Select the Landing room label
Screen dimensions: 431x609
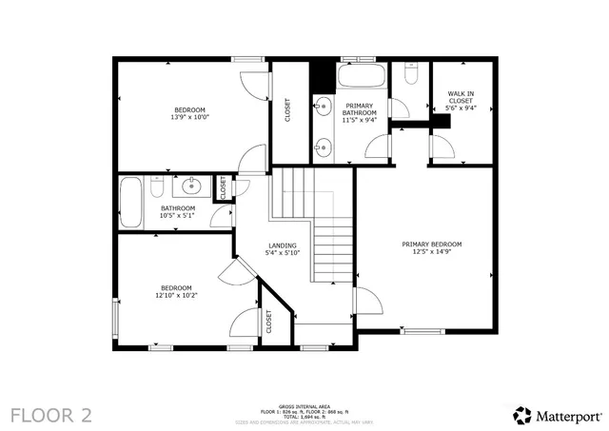tap(283, 245)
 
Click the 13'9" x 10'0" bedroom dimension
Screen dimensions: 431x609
tap(189, 117)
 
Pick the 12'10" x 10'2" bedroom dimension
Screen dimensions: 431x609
tap(176, 295)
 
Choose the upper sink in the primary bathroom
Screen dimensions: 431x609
tap(324, 107)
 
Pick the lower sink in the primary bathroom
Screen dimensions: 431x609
tap(324, 146)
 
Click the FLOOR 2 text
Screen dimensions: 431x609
tap(52, 415)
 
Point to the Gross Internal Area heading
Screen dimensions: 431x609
tap(304, 404)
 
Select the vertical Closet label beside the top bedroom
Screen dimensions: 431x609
tap(288, 111)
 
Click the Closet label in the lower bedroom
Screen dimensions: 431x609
tap(268, 322)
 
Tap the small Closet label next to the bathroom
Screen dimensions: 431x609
tap(223, 188)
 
